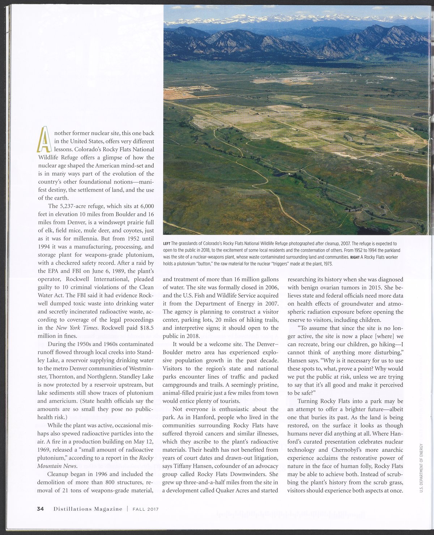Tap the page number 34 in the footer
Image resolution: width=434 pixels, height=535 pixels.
click(41, 509)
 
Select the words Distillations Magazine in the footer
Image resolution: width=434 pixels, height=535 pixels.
click(88, 509)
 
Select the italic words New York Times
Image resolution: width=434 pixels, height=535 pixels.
click(77, 328)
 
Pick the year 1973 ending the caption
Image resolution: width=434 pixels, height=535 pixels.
click(326, 264)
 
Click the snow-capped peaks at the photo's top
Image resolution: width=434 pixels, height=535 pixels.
click(297, 18)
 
